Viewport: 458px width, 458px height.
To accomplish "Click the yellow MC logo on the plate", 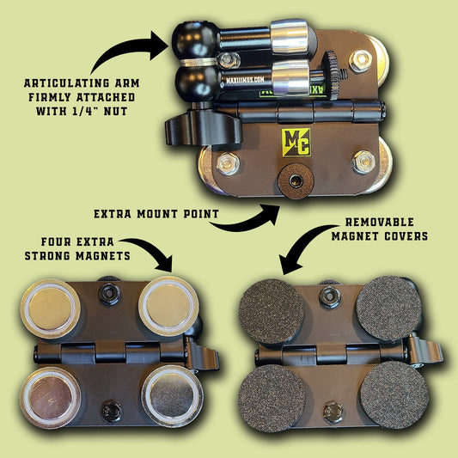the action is coord(296,143).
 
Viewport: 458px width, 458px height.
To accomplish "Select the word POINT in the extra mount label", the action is coord(201,214).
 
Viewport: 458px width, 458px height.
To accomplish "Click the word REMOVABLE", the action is coord(380,222).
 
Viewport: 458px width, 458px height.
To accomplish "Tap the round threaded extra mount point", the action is coord(296,180).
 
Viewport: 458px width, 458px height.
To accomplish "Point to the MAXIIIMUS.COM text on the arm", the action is coord(245,80).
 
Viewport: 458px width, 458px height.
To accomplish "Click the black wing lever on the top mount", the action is coord(204,127).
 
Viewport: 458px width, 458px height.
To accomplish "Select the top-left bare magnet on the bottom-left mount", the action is coord(51,308).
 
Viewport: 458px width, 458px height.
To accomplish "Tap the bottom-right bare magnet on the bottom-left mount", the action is coord(173,395).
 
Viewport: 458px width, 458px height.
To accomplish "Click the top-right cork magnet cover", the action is coord(389,308).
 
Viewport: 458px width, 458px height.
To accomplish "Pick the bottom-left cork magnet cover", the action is coord(272,398).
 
